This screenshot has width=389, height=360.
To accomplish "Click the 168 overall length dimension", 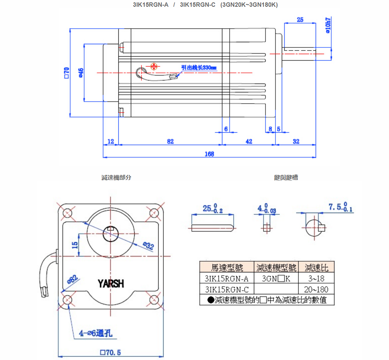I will (209, 154).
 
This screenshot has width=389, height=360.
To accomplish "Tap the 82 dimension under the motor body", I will (170, 141).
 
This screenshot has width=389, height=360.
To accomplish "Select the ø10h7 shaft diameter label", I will (328, 26).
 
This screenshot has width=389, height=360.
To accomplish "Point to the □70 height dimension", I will (67, 72).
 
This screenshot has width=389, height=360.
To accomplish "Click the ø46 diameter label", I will (81, 72).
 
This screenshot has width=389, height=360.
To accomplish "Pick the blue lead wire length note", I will (198, 68).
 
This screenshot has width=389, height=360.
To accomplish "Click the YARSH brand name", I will (111, 284).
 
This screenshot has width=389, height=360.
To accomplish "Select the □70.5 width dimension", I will (110, 352).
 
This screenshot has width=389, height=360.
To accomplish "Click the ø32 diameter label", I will (148, 246).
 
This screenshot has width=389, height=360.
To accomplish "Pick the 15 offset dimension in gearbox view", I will (75, 245).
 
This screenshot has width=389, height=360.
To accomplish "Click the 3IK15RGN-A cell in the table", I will (226, 278).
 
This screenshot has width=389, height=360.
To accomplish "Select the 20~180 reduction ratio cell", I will (316, 290).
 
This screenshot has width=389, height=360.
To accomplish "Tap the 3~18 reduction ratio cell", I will (316, 278).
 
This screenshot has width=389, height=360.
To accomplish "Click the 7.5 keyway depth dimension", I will (340, 207).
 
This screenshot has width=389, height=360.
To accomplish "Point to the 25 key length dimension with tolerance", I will (212, 209).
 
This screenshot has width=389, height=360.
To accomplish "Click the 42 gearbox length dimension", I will (249, 141).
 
